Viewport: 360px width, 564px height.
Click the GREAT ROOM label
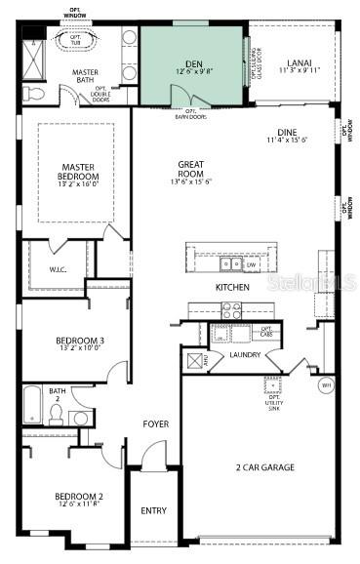191,170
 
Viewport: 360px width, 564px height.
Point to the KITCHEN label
232,288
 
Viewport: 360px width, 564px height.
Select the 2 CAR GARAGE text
265,467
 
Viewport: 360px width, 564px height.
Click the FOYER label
156,424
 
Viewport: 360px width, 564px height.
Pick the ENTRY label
154,510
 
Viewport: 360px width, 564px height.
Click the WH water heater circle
327,384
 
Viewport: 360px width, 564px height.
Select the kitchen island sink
231,263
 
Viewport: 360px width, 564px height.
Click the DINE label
287,133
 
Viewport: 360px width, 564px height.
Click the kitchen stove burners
232,310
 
